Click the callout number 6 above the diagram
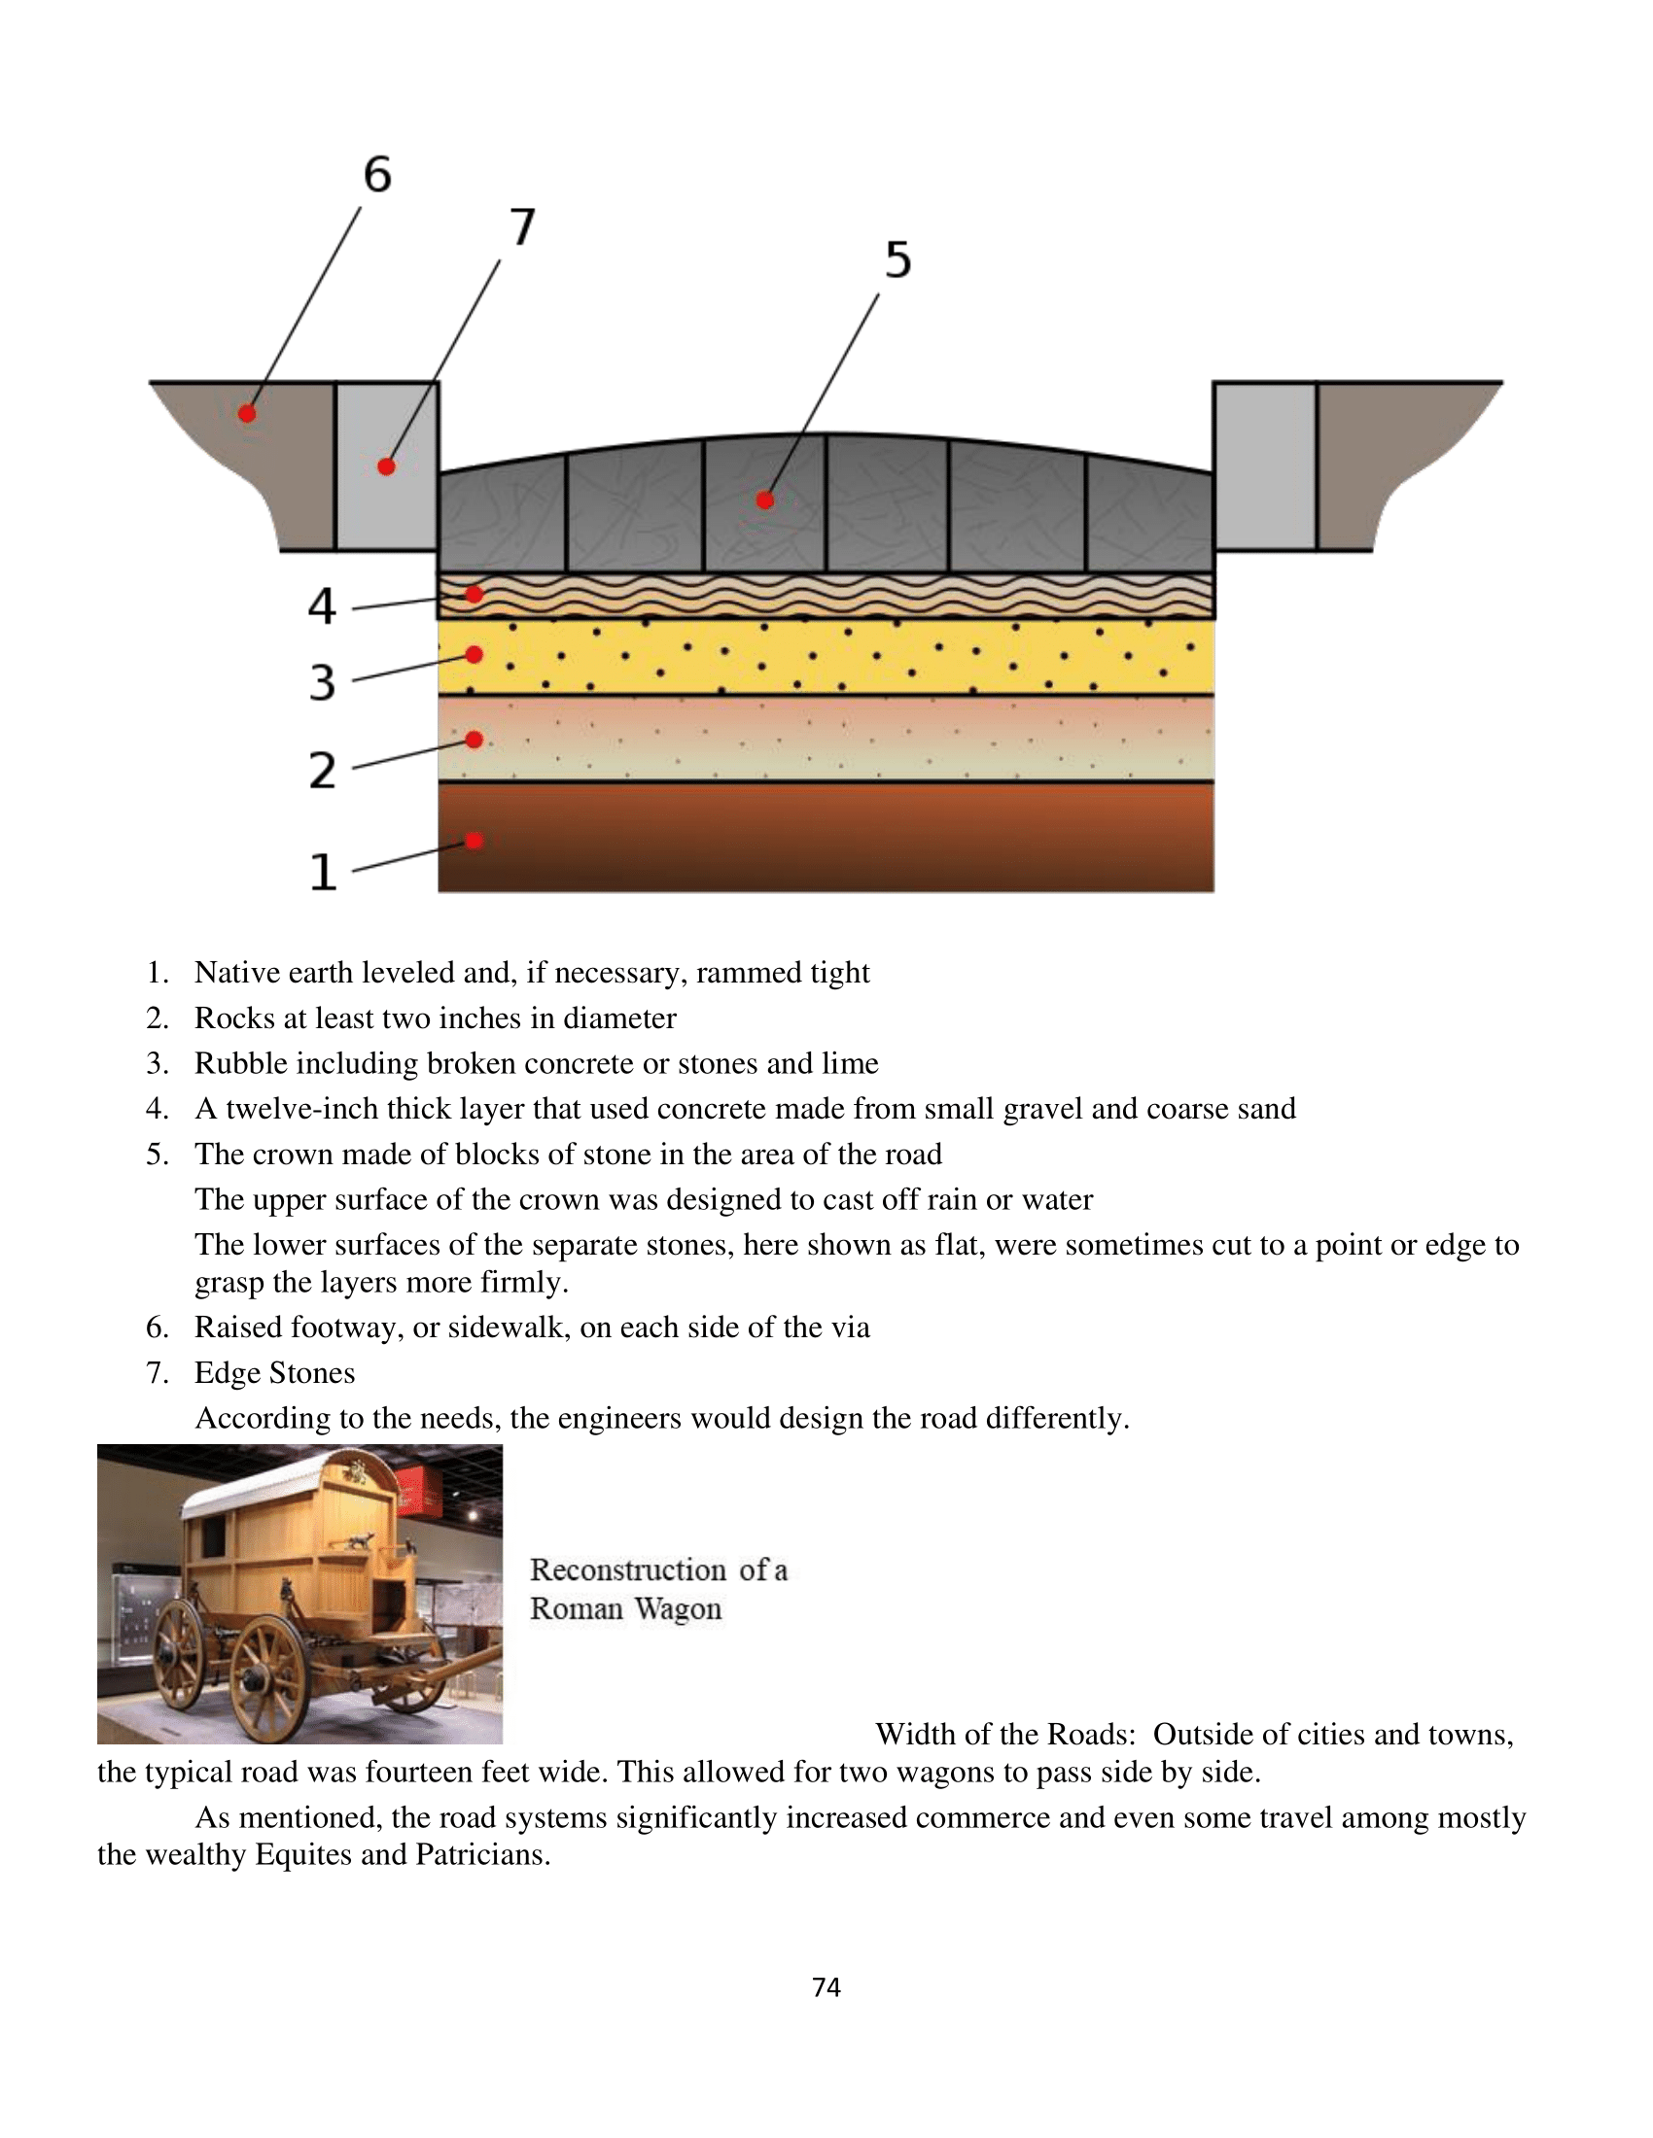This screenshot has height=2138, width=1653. click(377, 174)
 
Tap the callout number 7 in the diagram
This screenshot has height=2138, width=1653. click(523, 227)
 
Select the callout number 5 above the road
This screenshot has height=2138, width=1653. click(898, 260)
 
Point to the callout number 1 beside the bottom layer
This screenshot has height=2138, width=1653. click(323, 872)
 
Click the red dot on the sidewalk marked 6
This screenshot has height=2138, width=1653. click(248, 414)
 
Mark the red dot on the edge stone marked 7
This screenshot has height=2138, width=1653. click(387, 466)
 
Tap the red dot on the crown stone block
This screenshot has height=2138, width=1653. click(766, 500)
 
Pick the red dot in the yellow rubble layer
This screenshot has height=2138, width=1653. click(474, 654)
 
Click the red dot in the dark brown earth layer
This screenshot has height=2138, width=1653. click(474, 841)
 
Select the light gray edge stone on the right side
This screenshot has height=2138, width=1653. click(1264, 466)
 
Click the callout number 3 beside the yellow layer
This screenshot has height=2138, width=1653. click(322, 682)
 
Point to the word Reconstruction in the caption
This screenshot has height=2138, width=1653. click(628, 1569)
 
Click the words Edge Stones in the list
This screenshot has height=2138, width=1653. click(274, 1372)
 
